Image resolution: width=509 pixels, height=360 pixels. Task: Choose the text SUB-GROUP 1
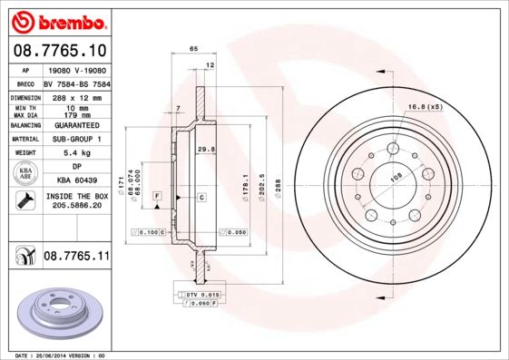click(76, 139)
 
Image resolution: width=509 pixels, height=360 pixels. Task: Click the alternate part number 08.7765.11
click(76, 258)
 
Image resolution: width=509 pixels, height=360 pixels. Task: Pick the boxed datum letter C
click(201, 197)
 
